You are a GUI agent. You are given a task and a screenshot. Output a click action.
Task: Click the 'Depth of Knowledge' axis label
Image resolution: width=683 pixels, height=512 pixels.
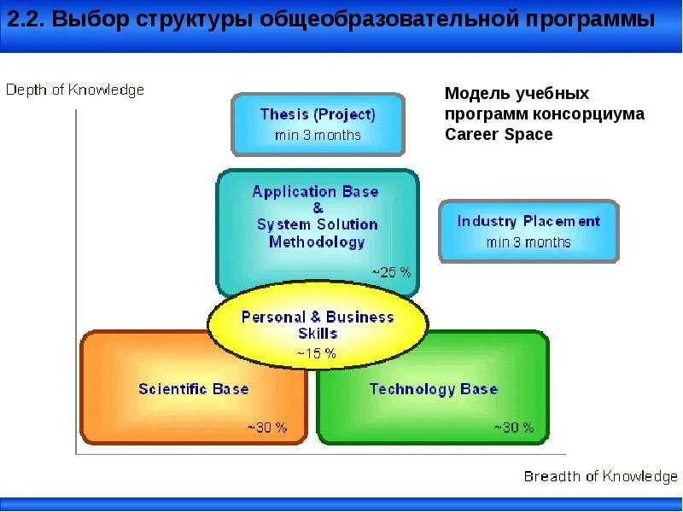74,90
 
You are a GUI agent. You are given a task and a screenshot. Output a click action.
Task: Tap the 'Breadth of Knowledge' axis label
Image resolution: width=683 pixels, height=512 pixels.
601,477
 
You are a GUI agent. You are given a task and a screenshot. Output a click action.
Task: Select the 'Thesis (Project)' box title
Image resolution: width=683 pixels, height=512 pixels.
318,114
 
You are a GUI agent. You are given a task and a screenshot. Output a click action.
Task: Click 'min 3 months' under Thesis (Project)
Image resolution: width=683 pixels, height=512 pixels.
318,135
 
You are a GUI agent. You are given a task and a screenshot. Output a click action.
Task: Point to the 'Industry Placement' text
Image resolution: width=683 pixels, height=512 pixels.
528,221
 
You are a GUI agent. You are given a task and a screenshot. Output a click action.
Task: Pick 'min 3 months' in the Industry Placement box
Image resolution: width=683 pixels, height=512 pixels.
528,242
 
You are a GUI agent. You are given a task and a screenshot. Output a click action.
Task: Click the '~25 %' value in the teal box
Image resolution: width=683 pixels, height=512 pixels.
391,272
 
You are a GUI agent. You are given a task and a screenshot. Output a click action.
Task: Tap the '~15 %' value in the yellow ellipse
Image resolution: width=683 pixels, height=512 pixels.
316,353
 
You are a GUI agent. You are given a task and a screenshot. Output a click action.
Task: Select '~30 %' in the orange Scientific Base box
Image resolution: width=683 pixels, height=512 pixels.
267,428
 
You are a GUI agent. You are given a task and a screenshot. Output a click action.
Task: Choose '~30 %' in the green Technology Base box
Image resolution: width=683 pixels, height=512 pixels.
514,428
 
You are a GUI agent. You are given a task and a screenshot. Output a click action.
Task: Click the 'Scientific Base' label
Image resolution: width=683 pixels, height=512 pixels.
194,389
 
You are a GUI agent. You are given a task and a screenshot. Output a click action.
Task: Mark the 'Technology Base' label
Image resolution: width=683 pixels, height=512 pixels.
434,389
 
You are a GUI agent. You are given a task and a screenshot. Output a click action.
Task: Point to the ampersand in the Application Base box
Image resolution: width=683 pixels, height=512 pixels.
318,208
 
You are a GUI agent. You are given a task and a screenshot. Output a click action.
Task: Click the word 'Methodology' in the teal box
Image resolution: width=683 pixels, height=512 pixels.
317,241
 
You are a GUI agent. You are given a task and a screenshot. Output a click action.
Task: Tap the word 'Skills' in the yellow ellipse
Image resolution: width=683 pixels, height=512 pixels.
318,334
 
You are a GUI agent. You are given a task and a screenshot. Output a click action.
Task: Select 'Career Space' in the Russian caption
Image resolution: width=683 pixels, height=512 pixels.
499,134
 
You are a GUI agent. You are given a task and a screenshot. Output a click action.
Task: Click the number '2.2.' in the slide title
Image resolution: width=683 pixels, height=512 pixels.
26,19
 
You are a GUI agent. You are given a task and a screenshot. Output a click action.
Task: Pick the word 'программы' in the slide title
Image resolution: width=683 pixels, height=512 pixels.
590,20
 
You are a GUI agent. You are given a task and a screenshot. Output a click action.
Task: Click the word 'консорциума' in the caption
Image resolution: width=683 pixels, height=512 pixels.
588,114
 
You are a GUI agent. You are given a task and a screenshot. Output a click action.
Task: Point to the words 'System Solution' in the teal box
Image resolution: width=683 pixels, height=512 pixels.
317,224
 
